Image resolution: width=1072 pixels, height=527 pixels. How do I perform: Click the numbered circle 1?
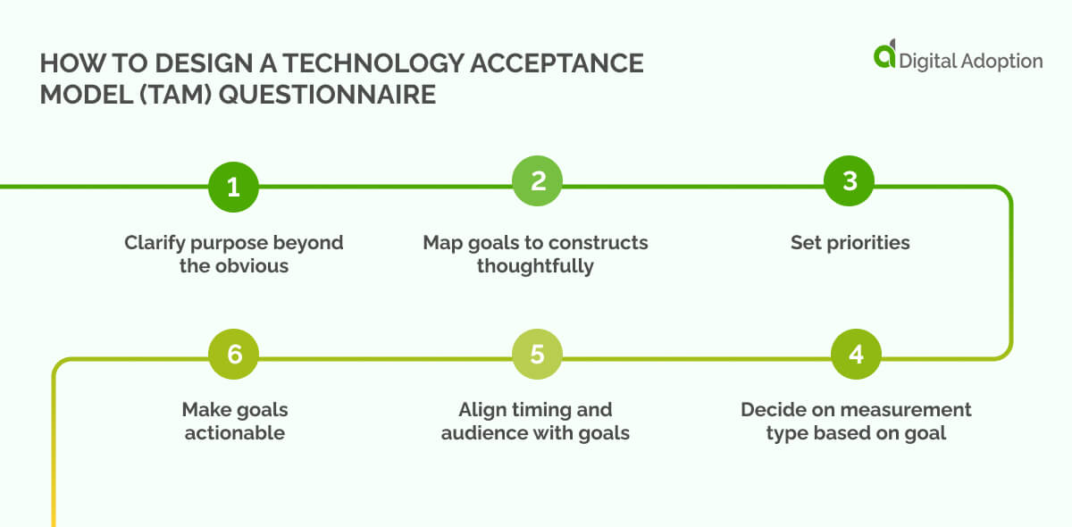pyautogui.click(x=233, y=187)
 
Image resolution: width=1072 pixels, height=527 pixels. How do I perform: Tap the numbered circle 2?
pyautogui.click(x=537, y=181)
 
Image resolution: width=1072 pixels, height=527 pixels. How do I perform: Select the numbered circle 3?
pyautogui.click(x=850, y=181)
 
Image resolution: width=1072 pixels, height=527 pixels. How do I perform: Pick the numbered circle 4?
pyautogui.click(x=856, y=355)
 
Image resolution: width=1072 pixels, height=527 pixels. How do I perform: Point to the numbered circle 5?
pyautogui.click(x=537, y=355)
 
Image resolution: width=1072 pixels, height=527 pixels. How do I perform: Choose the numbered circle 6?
pyautogui.click(x=233, y=355)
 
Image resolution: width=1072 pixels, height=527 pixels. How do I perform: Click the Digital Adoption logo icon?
pyautogui.click(x=884, y=55)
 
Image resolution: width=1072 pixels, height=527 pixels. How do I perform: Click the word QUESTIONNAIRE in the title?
pyautogui.click(x=327, y=95)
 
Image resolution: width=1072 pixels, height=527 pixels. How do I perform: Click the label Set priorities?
pyautogui.click(x=850, y=243)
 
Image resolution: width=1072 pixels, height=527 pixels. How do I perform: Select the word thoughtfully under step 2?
pyautogui.click(x=535, y=266)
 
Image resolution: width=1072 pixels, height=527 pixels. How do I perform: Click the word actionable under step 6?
pyautogui.click(x=233, y=433)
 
